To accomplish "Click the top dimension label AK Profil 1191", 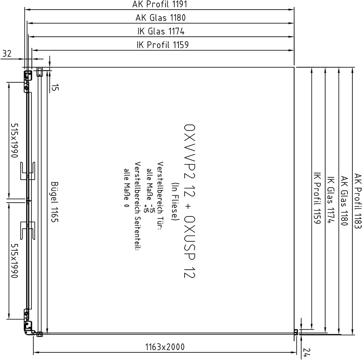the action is pyautogui.click(x=159, y=4).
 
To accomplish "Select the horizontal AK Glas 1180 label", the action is pyautogui.click(x=161, y=18).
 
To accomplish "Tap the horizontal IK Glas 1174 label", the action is pyautogui.click(x=161, y=31).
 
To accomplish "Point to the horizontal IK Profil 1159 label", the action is pyautogui.click(x=162, y=44).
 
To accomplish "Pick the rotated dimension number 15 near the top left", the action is pyautogui.click(x=55, y=87).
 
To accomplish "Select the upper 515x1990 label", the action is pyautogui.click(x=14, y=140).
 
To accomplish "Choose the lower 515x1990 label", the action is pyautogui.click(x=14, y=261).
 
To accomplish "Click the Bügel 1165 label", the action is pyautogui.click(x=55, y=202).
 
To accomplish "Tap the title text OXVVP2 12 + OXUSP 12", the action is pyautogui.click(x=190, y=201).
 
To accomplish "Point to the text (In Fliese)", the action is pyautogui.click(x=175, y=201).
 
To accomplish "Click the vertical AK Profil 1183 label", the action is pyautogui.click(x=357, y=201).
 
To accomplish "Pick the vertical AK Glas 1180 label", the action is pyautogui.click(x=344, y=201).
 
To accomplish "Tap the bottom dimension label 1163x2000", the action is pyautogui.click(x=165, y=347).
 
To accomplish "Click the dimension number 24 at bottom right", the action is pyautogui.click(x=307, y=352).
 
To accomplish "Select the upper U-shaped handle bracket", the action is pyautogui.click(x=28, y=171).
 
